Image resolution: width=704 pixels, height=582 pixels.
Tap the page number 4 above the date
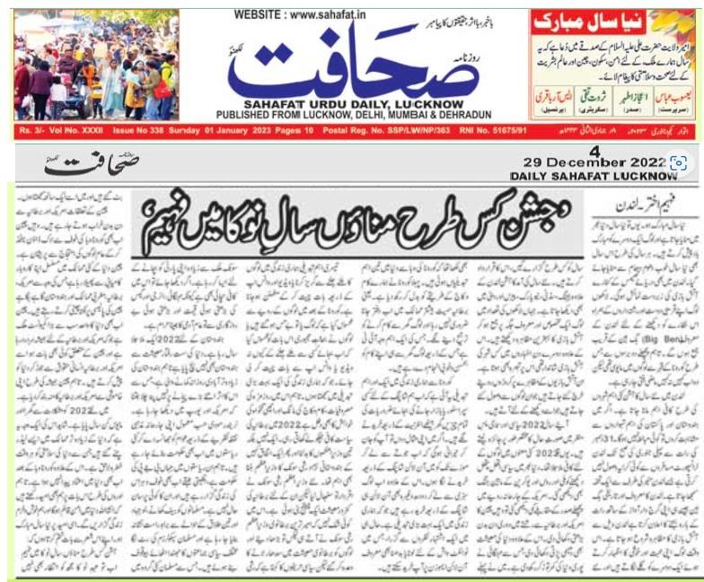click(x=594, y=149)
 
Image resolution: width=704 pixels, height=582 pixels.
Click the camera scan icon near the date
click(x=680, y=162)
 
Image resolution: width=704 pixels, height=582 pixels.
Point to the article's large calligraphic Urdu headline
click(x=359, y=214)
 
